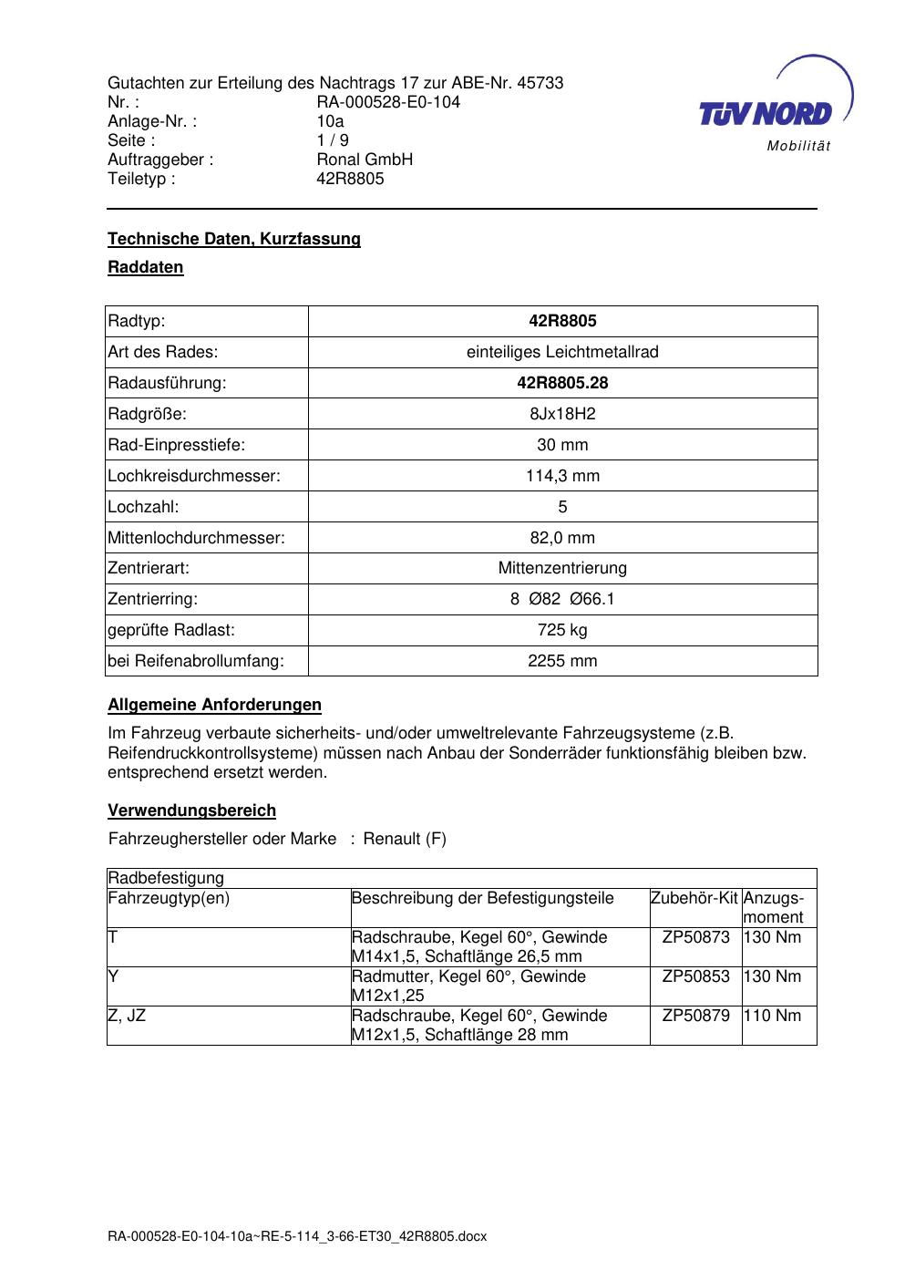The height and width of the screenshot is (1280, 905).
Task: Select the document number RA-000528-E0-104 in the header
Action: pyautogui.click(x=388, y=102)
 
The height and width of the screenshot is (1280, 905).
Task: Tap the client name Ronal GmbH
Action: pyautogui.click(x=365, y=160)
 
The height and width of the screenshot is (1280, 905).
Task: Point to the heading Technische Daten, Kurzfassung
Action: pyautogui.click(x=234, y=239)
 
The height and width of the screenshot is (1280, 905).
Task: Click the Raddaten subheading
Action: pyautogui.click(x=146, y=267)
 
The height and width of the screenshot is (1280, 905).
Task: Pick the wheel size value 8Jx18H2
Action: pyautogui.click(x=562, y=414)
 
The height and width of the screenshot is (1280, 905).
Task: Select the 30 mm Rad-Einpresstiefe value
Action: pyautogui.click(x=562, y=445)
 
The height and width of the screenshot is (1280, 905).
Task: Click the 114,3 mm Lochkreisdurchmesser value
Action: pyautogui.click(x=562, y=476)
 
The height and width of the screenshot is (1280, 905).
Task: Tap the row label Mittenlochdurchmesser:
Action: pyautogui.click(x=196, y=538)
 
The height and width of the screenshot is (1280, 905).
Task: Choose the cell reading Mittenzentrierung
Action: pyautogui.click(x=562, y=568)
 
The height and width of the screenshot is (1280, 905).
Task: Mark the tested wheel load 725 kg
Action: pyautogui.click(x=562, y=630)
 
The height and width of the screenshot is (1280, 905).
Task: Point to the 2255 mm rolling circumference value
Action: pyautogui.click(x=562, y=661)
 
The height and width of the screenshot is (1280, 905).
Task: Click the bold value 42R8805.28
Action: pyautogui.click(x=562, y=383)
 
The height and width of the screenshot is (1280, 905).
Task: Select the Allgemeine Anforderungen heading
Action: pyautogui.click(x=214, y=705)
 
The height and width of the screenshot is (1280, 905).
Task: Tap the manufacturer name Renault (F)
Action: pyautogui.click(x=405, y=839)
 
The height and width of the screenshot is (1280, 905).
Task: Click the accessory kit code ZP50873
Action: pyautogui.click(x=695, y=937)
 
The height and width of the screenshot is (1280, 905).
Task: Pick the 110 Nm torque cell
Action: pyautogui.click(x=773, y=1016)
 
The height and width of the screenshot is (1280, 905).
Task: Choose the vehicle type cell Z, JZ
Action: pyautogui.click(x=127, y=1016)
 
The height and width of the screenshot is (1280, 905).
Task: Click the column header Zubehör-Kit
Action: pyautogui.click(x=694, y=898)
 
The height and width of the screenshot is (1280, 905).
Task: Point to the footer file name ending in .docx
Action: pyautogui.click(x=297, y=1236)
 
